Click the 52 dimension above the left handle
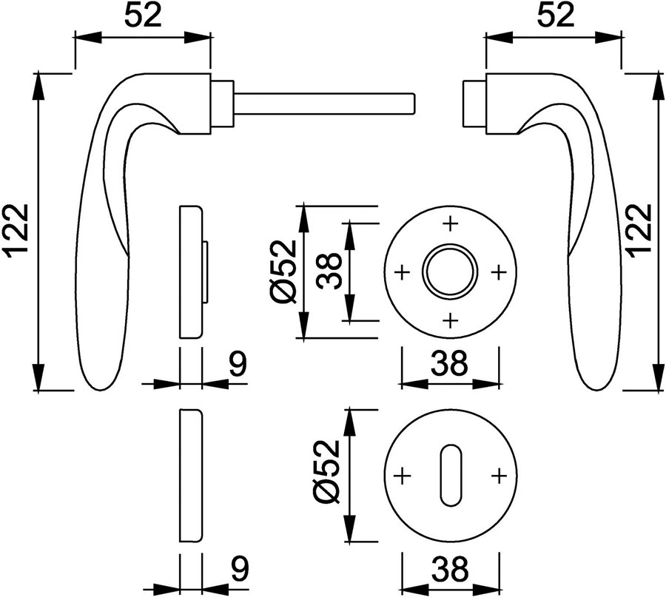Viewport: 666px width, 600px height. pos(143,16)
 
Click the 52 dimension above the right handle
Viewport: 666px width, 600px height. pos(555,16)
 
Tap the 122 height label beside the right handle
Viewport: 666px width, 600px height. pos(639,231)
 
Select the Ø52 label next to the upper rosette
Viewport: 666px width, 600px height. pos(283,272)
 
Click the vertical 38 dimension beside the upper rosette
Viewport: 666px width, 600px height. pos(329,271)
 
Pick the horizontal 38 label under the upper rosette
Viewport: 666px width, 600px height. pos(450,363)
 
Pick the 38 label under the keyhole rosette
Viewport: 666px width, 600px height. pos(450,569)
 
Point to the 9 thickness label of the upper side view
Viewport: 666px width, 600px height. pos(238,364)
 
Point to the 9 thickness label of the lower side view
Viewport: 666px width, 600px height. pos(239,567)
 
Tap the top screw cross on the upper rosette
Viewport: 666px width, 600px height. pos(450,223)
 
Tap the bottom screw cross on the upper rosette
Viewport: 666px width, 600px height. pos(450,320)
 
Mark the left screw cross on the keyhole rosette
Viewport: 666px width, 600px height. pos(402,476)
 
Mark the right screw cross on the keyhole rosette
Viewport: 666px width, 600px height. pos(499,476)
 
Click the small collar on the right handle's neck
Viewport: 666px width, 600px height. pos(474,103)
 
